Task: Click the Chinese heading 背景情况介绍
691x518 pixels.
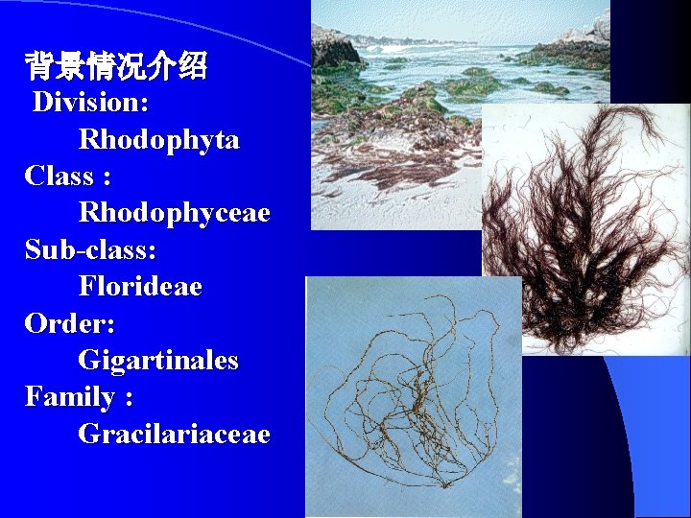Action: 116,67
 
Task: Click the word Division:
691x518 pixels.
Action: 90,102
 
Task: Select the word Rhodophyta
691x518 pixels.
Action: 158,139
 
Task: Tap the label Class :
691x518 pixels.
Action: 67,176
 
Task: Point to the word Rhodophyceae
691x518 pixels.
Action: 174,212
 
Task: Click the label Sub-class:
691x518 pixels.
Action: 90,249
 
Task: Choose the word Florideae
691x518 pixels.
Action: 140,286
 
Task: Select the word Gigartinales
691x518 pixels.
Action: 158,361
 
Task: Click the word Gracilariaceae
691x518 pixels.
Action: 174,434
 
